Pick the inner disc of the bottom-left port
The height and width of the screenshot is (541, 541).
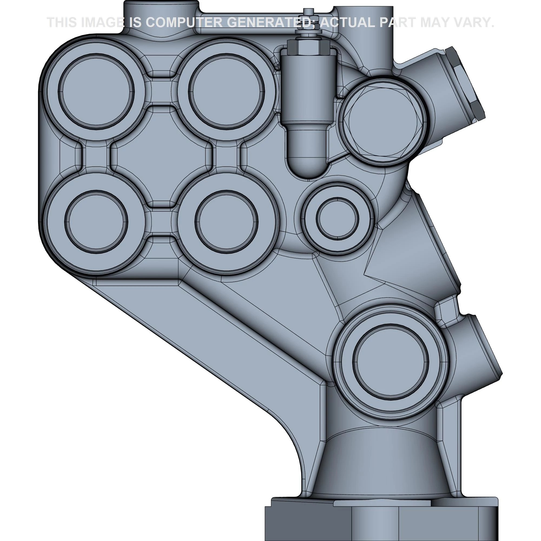96,222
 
